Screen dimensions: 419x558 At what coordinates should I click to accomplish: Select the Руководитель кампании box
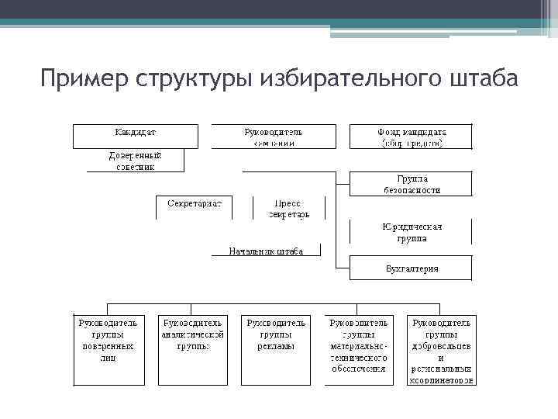pyautogui.click(x=274, y=137)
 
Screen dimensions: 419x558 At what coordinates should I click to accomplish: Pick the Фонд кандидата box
pyautogui.click(x=412, y=137)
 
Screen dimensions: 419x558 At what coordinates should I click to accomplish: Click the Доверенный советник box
pyautogui.click(x=129, y=161)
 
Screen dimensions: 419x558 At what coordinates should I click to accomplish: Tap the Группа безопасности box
pyautogui.click(x=412, y=184)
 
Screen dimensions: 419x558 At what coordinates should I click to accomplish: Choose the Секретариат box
pyautogui.click(x=195, y=207)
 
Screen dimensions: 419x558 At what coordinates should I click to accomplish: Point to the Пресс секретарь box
pyautogui.click(x=288, y=208)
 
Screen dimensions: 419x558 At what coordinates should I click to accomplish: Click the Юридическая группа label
pyautogui.click(x=412, y=232)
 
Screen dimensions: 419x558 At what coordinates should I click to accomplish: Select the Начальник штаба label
pyautogui.click(x=265, y=251)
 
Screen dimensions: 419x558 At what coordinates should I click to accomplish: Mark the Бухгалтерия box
pyautogui.click(x=412, y=268)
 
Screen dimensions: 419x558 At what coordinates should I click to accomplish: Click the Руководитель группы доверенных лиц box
pyautogui.click(x=108, y=349)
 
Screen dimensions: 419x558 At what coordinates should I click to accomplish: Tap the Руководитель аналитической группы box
pyautogui.click(x=193, y=349)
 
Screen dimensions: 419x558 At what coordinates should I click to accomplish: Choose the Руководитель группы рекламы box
pyautogui.click(x=276, y=349)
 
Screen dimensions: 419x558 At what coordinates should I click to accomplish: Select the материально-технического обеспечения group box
pyautogui.click(x=359, y=349)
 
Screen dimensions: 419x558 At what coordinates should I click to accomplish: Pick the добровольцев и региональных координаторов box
pyautogui.click(x=441, y=349)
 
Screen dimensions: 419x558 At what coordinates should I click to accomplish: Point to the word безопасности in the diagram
pyautogui.click(x=412, y=189)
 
